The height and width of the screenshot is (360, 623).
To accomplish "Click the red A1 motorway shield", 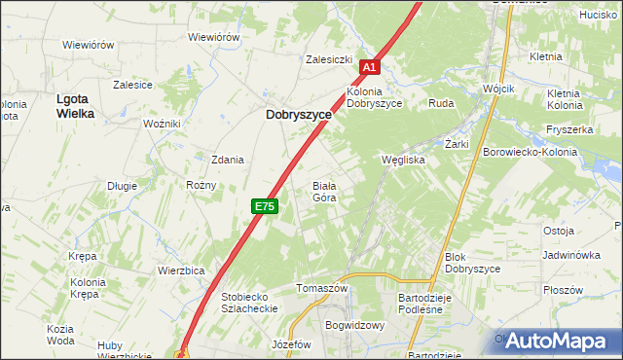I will coord(368,67).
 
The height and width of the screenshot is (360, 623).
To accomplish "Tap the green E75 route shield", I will coord(265,206).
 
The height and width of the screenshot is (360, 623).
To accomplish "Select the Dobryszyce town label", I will coord(299,114).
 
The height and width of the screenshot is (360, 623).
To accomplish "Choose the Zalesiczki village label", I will coord(328,59).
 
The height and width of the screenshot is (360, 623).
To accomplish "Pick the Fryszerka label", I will coord(570,129).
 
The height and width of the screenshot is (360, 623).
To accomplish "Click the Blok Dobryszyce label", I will coord(472,263).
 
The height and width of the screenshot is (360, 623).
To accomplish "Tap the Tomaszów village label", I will coord(322,289).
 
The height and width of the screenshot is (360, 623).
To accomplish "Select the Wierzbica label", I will coord(180,270).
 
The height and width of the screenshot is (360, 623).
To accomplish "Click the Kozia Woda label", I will coord(60,335).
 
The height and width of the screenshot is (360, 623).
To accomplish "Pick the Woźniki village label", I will coord(162,124).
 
